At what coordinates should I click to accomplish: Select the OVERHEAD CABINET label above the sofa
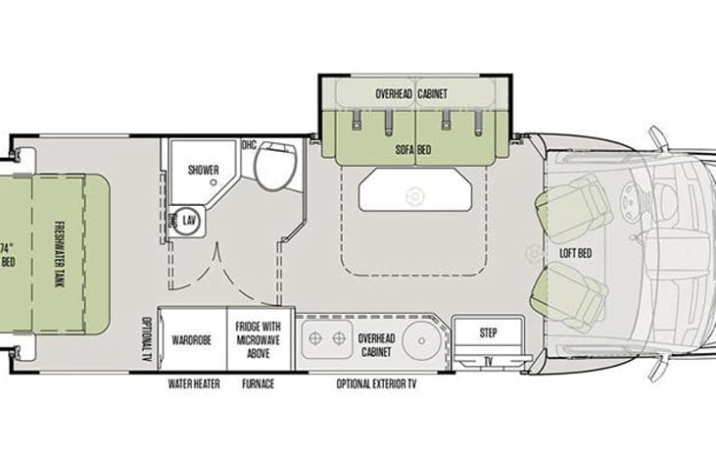pyautogui.click(x=412, y=94)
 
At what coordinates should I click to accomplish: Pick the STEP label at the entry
pyautogui.click(x=488, y=332)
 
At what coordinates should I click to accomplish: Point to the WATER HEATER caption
pyautogui.click(x=193, y=383)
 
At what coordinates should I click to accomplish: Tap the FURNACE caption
pyautogui.click(x=258, y=383)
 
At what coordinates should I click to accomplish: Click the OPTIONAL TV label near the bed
pyautogui.click(x=145, y=337)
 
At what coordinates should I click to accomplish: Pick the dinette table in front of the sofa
pyautogui.click(x=412, y=192)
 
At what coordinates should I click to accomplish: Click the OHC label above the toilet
pyautogui.click(x=249, y=145)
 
